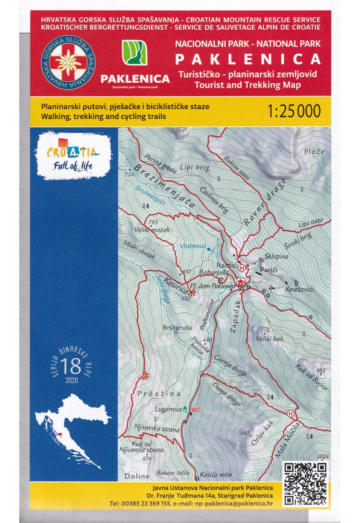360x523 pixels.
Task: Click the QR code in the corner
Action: click(305, 483)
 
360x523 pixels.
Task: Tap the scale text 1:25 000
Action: click(293, 111)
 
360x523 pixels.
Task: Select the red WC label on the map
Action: click(196, 409)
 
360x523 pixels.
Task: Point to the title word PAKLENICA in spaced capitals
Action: click(248, 59)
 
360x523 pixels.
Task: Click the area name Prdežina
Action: click(159, 394)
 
